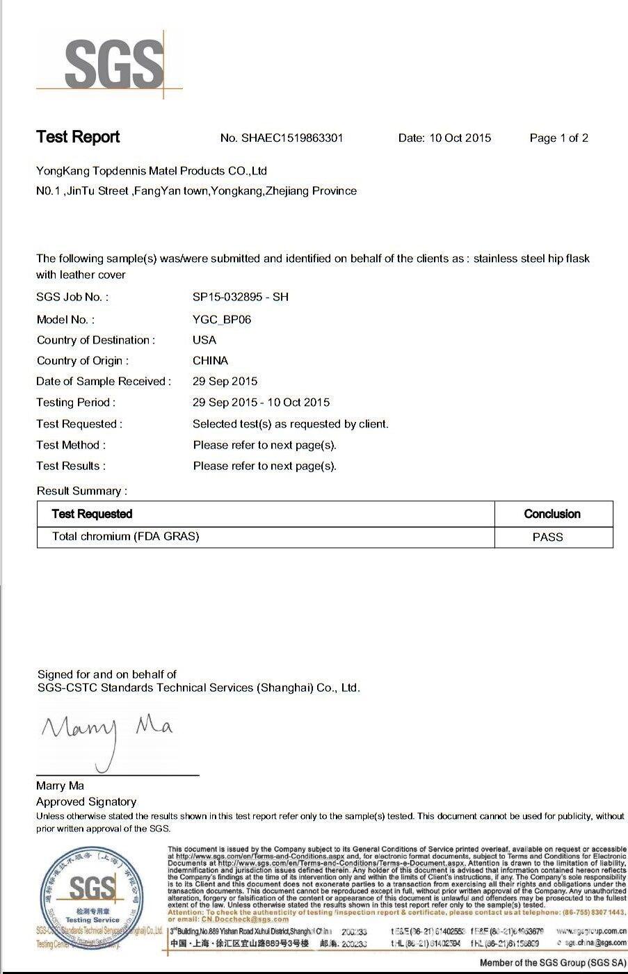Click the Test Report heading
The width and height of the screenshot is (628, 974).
click(x=78, y=137)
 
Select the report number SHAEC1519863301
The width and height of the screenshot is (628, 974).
click(x=291, y=138)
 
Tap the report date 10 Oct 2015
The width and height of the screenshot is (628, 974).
click(x=460, y=138)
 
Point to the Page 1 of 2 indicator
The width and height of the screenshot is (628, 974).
click(x=558, y=138)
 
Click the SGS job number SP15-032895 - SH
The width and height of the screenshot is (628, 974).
click(x=240, y=297)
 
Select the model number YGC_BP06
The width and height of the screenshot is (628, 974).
click(x=222, y=320)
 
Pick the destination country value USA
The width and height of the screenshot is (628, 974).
click(x=204, y=340)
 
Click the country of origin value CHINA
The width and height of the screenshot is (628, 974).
click(x=210, y=361)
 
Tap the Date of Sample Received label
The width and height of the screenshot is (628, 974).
click(x=103, y=382)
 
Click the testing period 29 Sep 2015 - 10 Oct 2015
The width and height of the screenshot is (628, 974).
click(x=261, y=403)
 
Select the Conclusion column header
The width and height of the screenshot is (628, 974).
click(x=552, y=514)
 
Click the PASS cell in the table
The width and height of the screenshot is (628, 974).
click(x=548, y=537)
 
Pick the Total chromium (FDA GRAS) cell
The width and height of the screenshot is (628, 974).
click(x=125, y=537)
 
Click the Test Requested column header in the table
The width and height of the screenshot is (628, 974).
click(x=92, y=514)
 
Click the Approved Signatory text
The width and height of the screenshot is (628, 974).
click(x=86, y=802)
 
